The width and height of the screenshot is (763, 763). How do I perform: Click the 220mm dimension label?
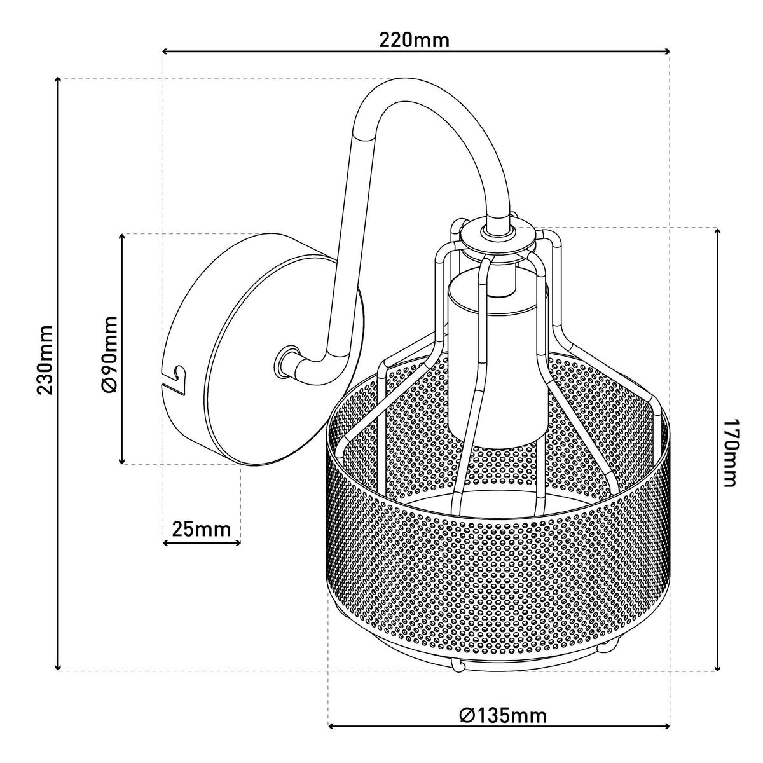click(415, 41)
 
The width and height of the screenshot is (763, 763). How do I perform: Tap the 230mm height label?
click(46, 359)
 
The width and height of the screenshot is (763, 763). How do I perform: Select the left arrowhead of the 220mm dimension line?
click(166, 52)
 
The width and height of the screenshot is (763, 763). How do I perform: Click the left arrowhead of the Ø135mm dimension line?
click(331, 726)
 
